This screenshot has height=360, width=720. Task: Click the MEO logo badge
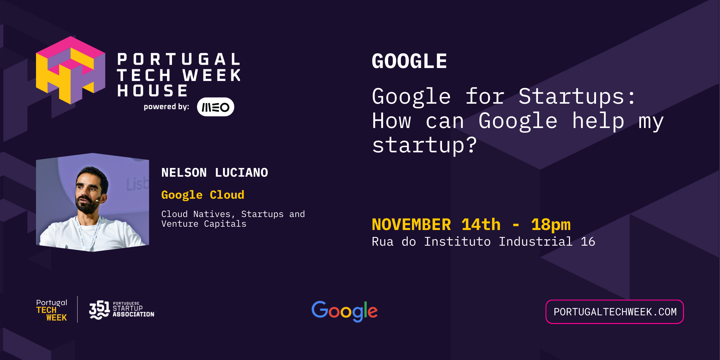click(215, 107)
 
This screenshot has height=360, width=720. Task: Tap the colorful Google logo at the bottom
click(344, 311)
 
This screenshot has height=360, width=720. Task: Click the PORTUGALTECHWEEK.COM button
click(614, 312)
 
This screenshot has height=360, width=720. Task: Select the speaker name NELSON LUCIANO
click(214, 173)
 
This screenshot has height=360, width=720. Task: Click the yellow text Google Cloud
click(203, 195)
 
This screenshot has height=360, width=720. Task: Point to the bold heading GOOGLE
click(409, 61)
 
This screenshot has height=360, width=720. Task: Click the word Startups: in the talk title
click(577, 97)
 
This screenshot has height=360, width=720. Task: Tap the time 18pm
click(551, 225)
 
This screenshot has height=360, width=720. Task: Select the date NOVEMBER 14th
click(436, 225)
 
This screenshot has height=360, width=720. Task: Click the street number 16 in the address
click(588, 242)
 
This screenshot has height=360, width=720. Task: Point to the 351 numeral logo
click(99, 310)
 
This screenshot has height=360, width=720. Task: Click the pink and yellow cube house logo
click(70, 70)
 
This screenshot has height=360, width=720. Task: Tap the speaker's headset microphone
click(97, 201)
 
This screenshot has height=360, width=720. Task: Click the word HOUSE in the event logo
click(152, 91)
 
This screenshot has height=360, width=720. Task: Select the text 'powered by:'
click(166, 107)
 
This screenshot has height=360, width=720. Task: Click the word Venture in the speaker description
click(180, 224)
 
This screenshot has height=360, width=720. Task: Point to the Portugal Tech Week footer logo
click(52, 310)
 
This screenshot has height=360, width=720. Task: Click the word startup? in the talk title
click(424, 145)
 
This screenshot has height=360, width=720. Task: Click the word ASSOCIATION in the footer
click(133, 314)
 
